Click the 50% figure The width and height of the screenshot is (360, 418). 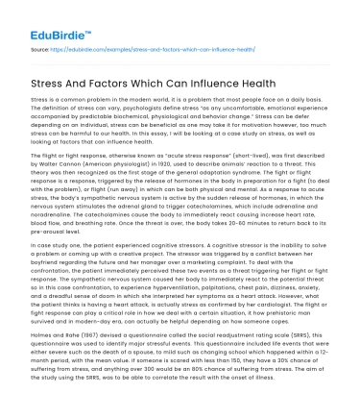coord(276,381)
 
